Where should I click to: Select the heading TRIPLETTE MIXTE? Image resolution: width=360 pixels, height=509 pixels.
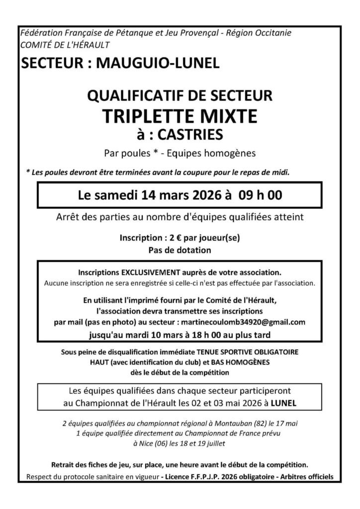180,116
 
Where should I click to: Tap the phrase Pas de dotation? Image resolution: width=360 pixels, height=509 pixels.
180,250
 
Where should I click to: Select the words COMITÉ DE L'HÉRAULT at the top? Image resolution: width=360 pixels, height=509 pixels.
65,45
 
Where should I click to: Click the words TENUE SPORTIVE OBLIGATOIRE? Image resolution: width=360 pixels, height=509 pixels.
261,352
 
